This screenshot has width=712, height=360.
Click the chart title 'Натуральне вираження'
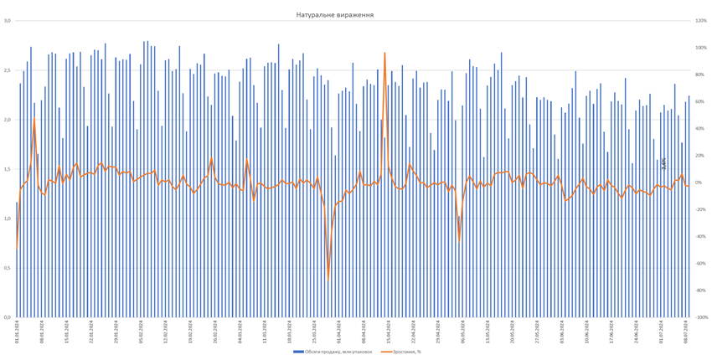pyautogui.click(x=334, y=15)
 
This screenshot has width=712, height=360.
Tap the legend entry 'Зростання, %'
pyautogui.click(x=405, y=352)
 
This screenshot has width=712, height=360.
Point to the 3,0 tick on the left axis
pyautogui.click(x=7, y=21)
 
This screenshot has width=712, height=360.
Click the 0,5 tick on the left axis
pyautogui.click(x=7, y=268)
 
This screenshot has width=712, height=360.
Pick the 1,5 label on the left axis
pyautogui.click(x=7, y=169)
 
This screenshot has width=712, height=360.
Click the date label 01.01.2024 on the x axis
pyautogui.click(x=16, y=327)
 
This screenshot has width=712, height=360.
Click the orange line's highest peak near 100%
pyautogui.click(x=384, y=53)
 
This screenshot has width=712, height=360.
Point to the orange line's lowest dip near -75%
pyautogui.click(x=328, y=280)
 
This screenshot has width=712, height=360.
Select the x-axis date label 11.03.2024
pyautogui.click(x=270, y=327)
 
